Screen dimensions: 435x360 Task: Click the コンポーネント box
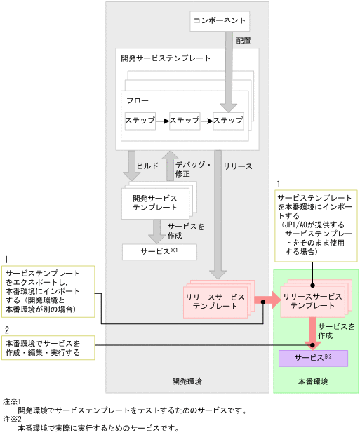tap(220, 22)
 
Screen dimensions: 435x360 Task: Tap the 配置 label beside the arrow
tap(244, 41)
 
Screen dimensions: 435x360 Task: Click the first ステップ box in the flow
tap(140, 121)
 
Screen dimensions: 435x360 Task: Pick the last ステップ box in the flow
tap(228, 121)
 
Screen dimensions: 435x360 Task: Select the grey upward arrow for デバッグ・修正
tap(170, 166)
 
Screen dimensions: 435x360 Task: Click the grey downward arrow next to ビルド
tap(131, 166)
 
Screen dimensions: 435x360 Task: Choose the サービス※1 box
tap(159, 250)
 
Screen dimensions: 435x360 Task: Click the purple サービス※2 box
tap(313, 357)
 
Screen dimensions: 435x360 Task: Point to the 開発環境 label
tap(187, 382)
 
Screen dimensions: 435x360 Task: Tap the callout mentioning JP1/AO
tap(315, 227)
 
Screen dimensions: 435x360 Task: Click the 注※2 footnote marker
tap(12, 419)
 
